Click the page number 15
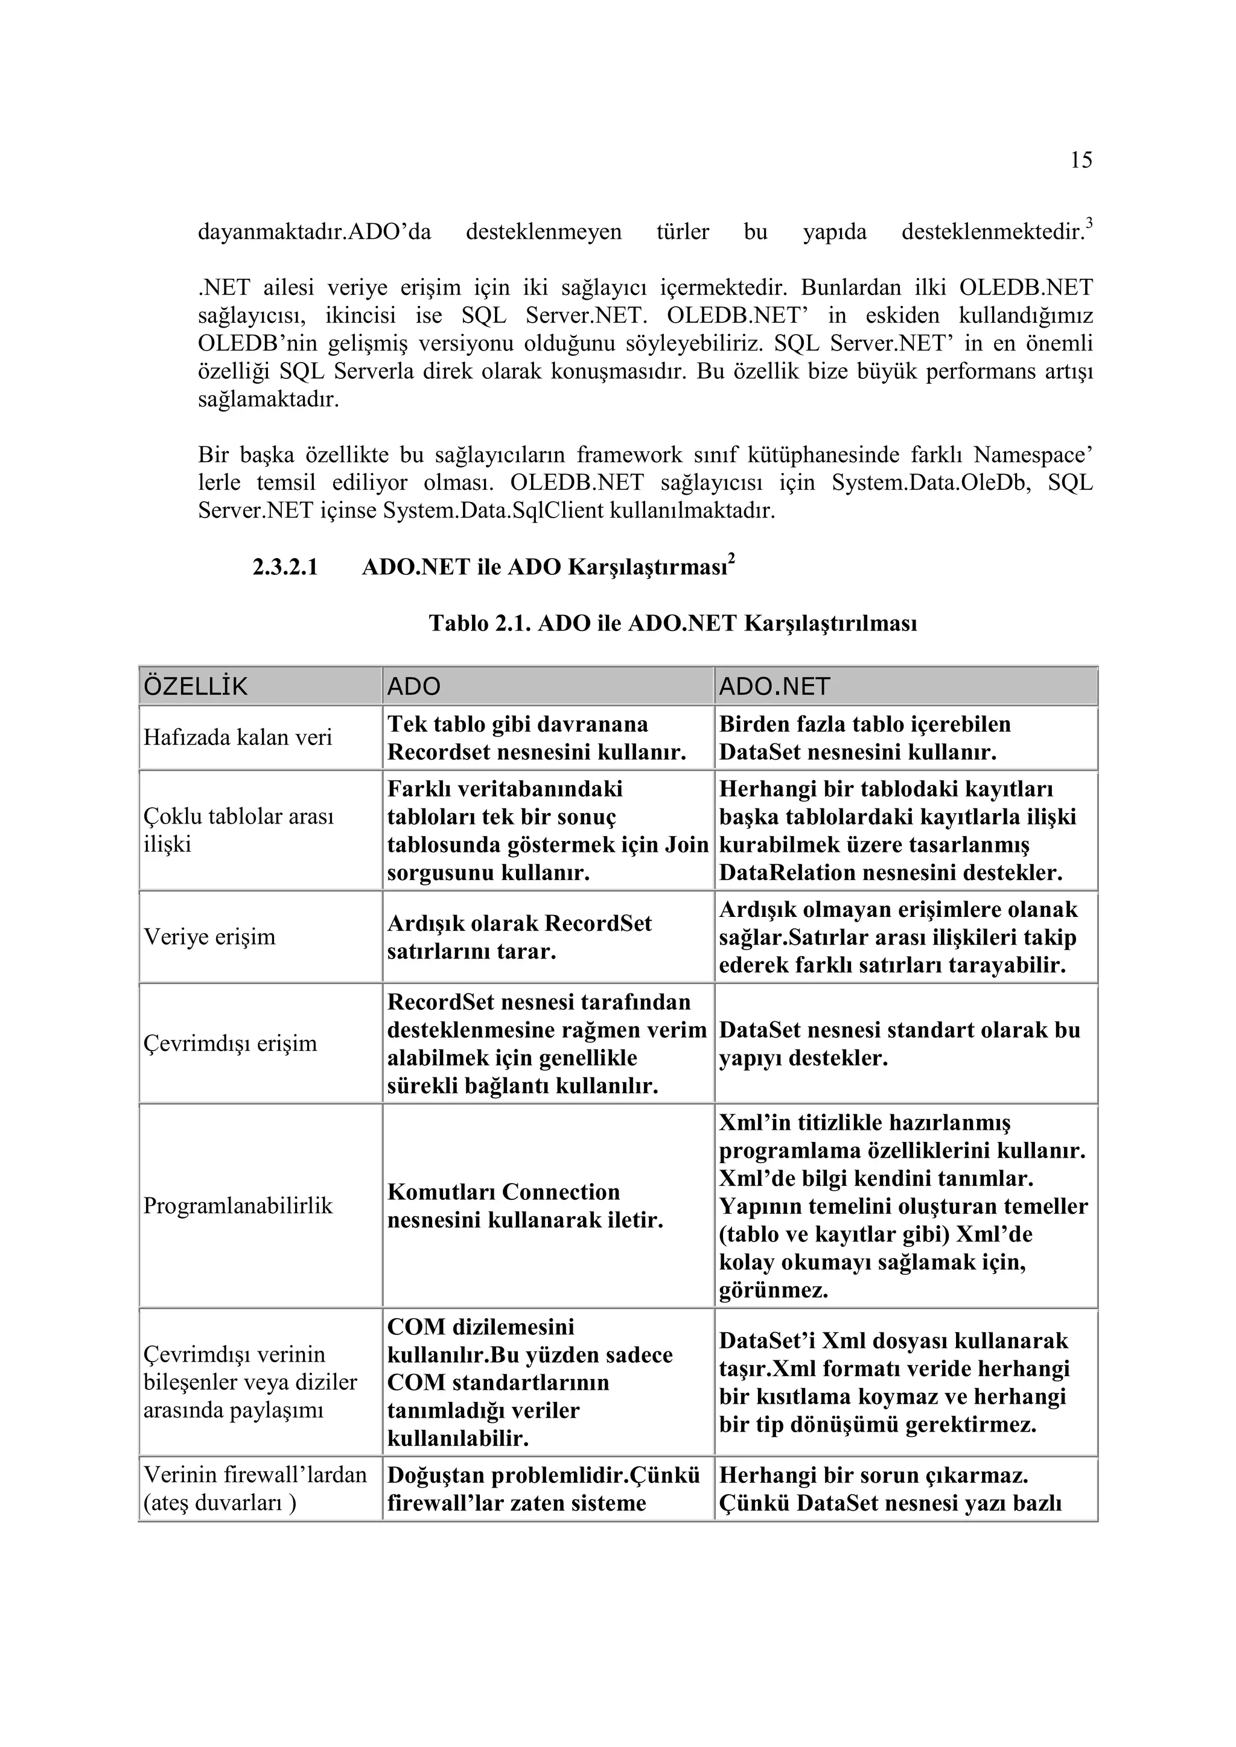[x=1081, y=160]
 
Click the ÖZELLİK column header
[x=196, y=686]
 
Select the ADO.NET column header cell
[x=774, y=686]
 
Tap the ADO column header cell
[x=414, y=686]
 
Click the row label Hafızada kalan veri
[x=237, y=738]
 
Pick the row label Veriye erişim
[x=209, y=937]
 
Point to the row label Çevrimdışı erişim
[x=230, y=1043]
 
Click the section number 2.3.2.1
[x=285, y=568]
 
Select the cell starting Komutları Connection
[x=525, y=1206]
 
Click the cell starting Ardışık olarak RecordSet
[x=519, y=937]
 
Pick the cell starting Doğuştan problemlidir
[x=543, y=1489]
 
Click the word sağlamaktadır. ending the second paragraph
[x=268, y=399]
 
